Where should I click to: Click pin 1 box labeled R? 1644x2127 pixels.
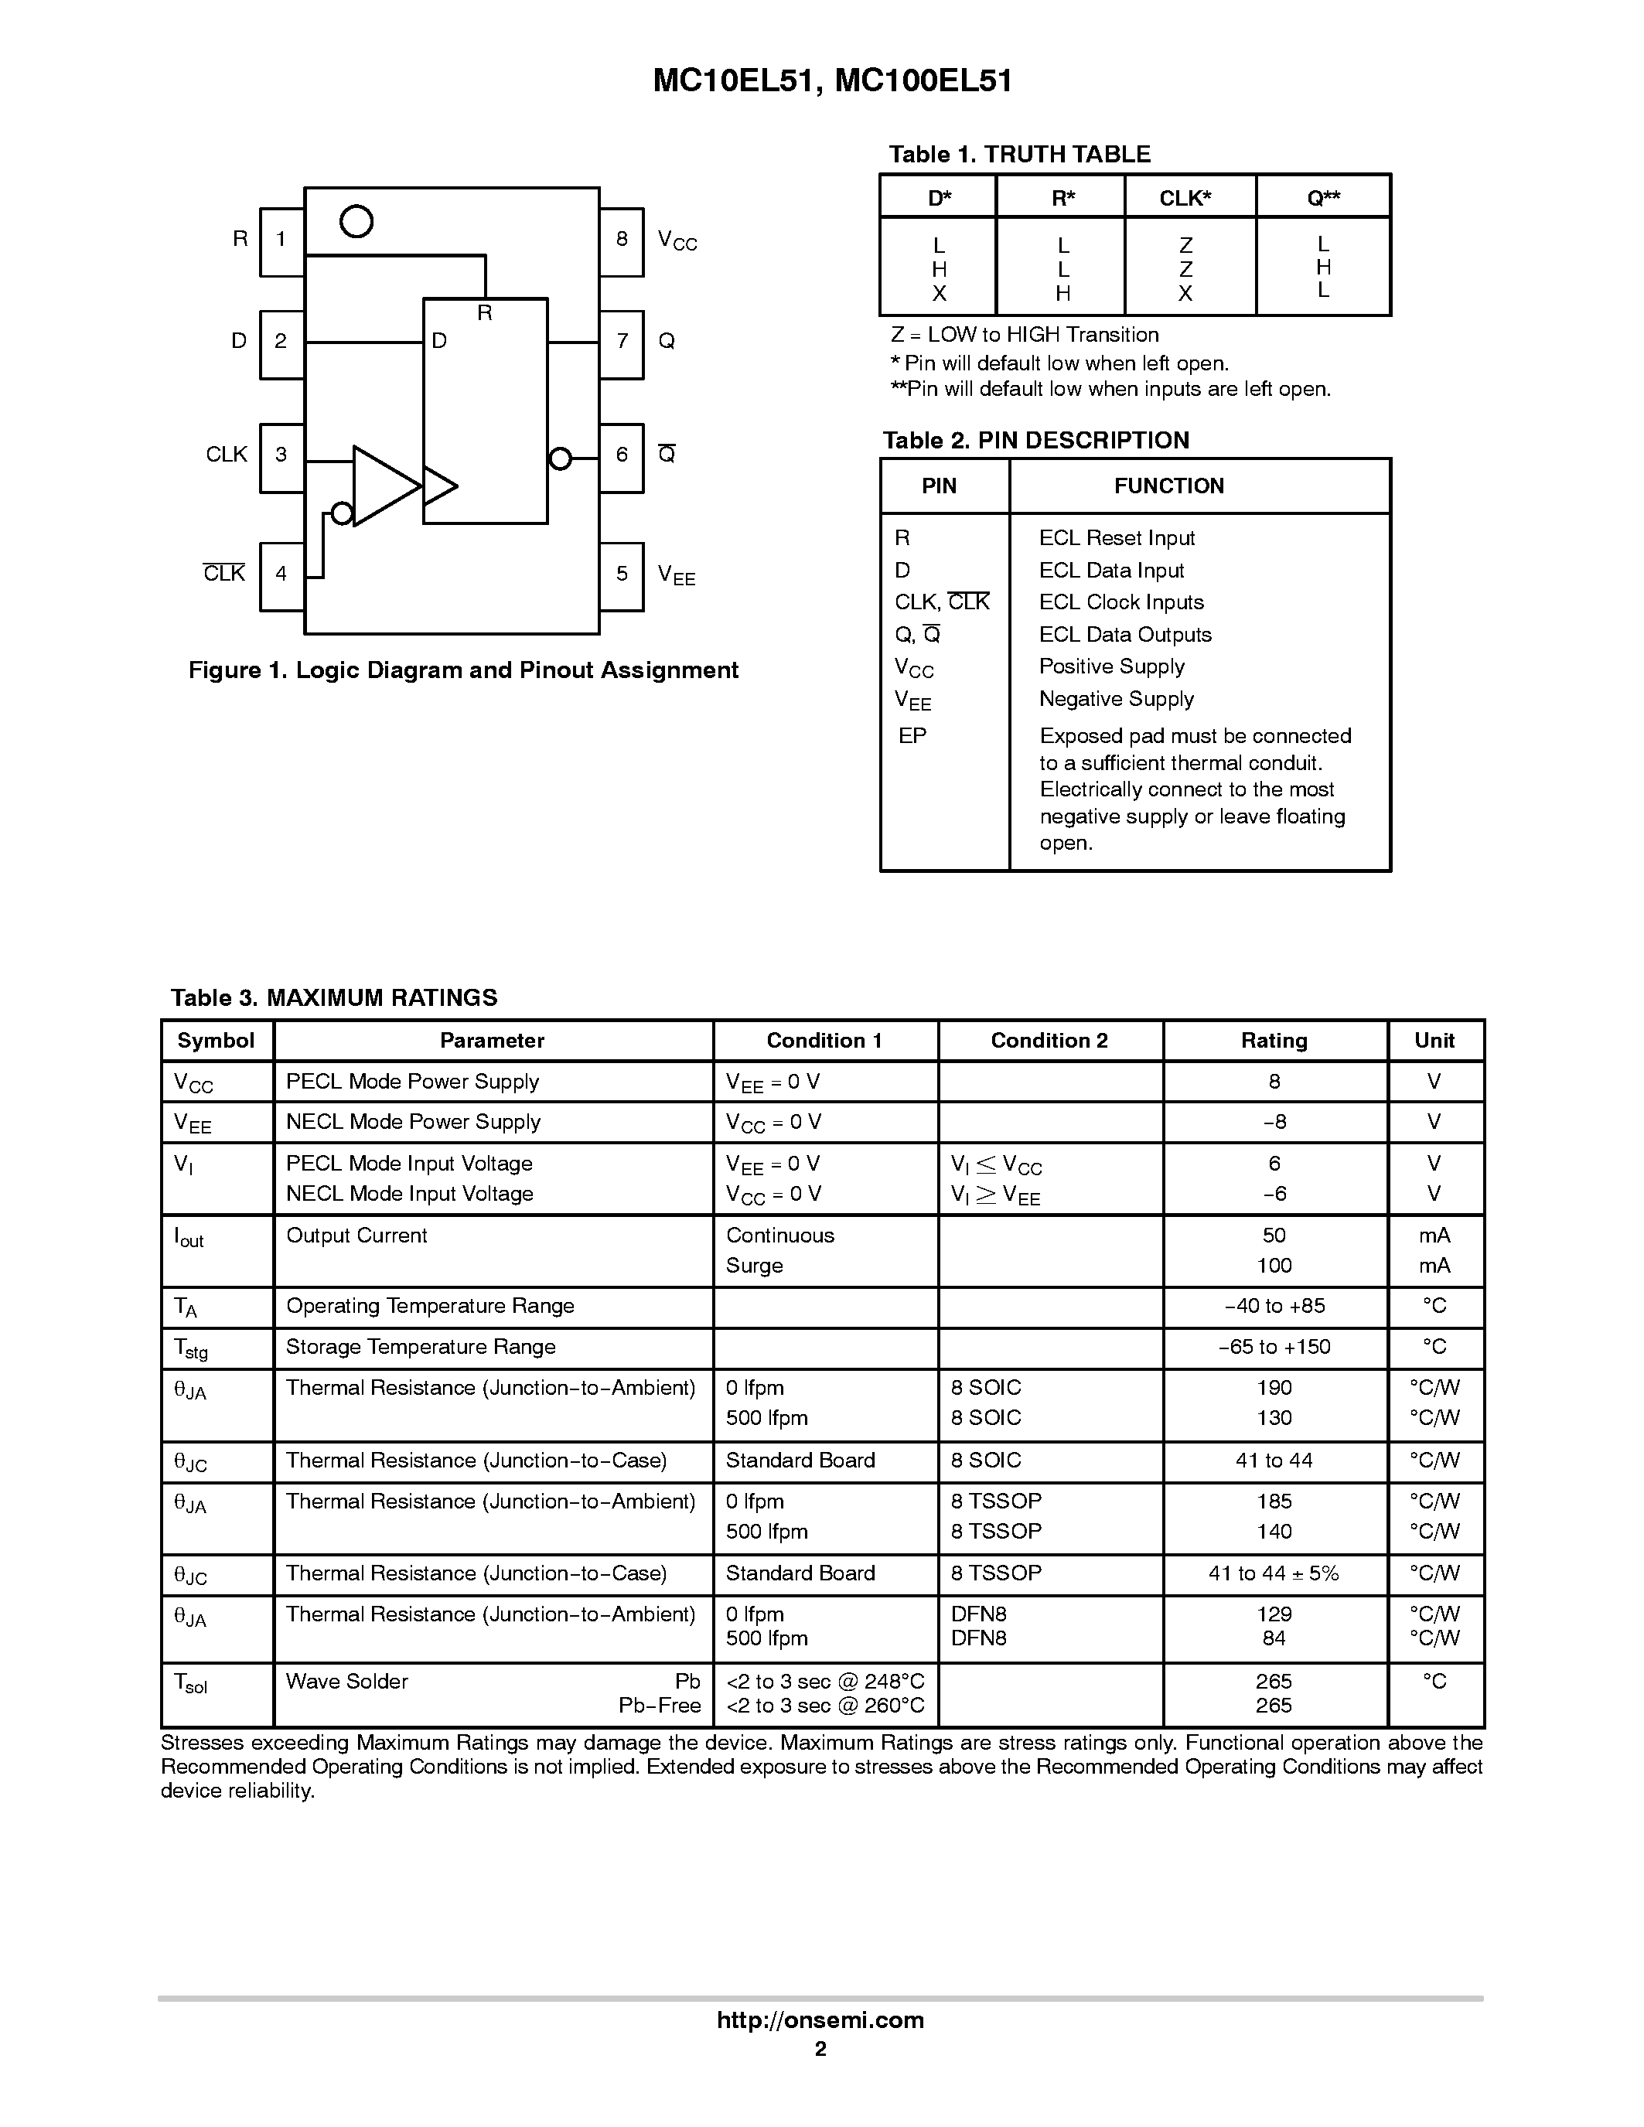pyautogui.click(x=281, y=240)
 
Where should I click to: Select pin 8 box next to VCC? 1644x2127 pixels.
pyautogui.click(x=622, y=240)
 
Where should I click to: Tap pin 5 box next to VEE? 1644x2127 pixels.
pyautogui.click(x=622, y=575)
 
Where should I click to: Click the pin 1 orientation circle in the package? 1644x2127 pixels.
pyautogui.click(x=356, y=221)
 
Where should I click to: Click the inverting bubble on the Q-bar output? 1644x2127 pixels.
pyautogui.click(x=560, y=458)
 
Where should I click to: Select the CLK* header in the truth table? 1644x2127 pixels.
pyautogui.click(x=1185, y=199)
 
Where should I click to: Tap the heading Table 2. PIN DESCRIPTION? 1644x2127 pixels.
pyautogui.click(x=1035, y=440)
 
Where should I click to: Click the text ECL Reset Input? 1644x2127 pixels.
pyautogui.click(x=1116, y=539)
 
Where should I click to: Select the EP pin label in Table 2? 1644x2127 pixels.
pyautogui.click(x=912, y=736)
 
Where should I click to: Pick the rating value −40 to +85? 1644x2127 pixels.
pyautogui.click(x=1274, y=1306)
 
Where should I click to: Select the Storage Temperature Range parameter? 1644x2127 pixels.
pyautogui.click(x=421, y=1347)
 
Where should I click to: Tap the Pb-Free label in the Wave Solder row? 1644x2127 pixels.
pyautogui.click(x=660, y=1706)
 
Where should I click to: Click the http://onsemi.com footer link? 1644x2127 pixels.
pyautogui.click(x=820, y=2021)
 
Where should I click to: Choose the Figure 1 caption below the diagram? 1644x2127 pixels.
pyautogui.click(x=464, y=670)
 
